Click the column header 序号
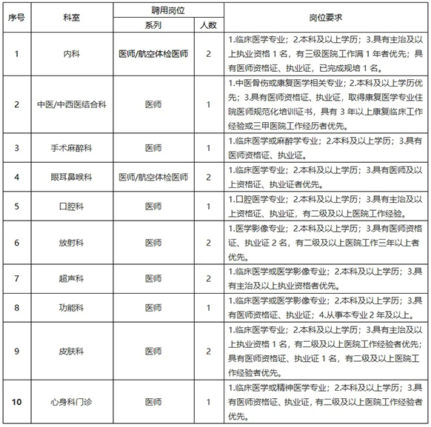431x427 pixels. point(17,16)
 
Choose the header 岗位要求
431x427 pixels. point(325,16)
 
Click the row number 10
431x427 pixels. point(17,402)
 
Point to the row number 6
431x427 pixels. point(17,242)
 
